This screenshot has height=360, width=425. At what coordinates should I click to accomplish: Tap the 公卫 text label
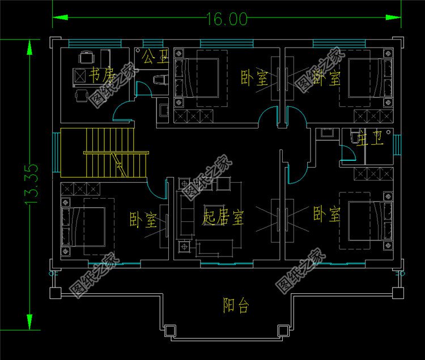coord(155,57)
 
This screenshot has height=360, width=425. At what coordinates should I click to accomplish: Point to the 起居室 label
coord(223,217)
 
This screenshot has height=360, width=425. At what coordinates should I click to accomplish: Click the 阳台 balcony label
coord(235,306)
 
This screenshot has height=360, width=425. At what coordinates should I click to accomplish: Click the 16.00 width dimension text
coord(227,19)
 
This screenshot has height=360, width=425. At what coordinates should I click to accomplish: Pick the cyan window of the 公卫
coord(152,44)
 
